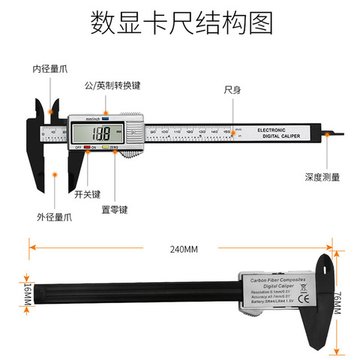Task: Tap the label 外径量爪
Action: [x=57, y=216]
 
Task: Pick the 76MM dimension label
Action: [x=336, y=304]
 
